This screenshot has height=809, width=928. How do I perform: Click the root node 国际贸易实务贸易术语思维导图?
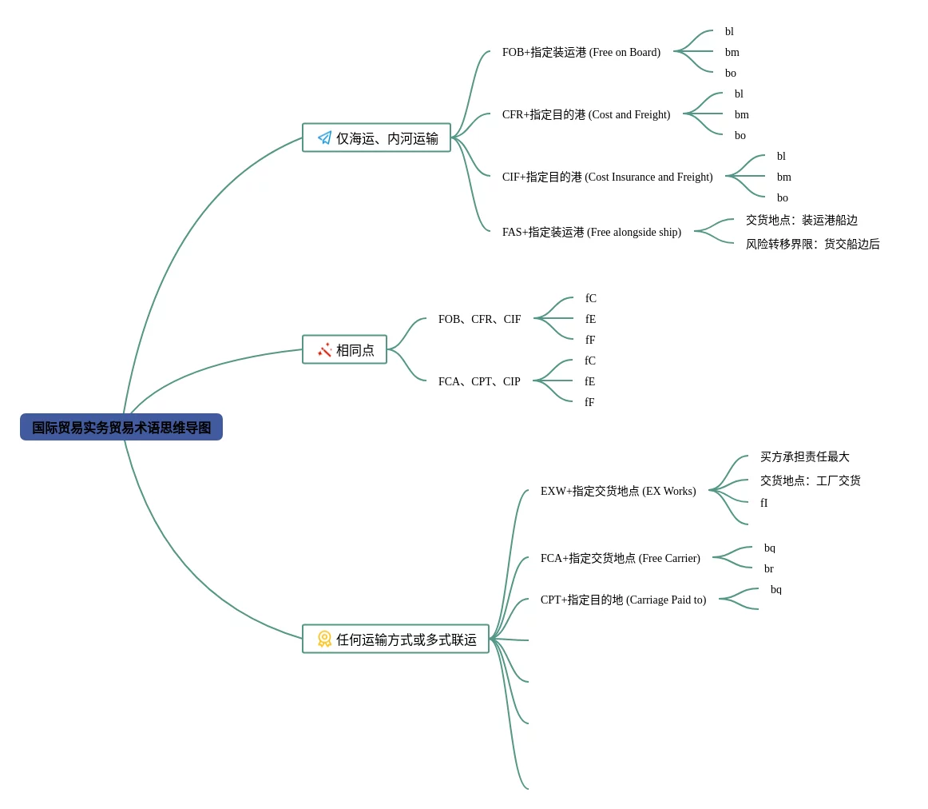click(x=121, y=427)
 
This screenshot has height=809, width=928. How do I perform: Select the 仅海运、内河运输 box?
click(x=376, y=137)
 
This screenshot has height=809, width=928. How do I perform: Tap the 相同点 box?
click(x=344, y=349)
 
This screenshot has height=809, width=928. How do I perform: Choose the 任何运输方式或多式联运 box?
click(x=395, y=639)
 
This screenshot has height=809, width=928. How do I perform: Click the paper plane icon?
click(x=324, y=138)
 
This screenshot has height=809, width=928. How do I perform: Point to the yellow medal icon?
click(x=324, y=639)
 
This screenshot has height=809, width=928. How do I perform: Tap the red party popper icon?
click(x=324, y=350)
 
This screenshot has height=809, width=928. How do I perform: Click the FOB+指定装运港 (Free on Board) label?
click(x=581, y=52)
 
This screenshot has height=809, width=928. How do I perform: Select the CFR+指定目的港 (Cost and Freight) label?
click(x=586, y=114)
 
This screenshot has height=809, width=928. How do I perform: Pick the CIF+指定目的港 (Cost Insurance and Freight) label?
click(x=607, y=177)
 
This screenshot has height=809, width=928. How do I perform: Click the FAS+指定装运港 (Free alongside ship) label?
click(x=591, y=232)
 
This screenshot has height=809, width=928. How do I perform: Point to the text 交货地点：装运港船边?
click(x=801, y=221)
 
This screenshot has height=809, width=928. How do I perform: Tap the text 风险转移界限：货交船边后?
click(x=812, y=244)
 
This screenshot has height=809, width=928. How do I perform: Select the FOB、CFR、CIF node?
click(x=479, y=319)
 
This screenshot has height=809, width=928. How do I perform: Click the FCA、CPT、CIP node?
click(x=479, y=381)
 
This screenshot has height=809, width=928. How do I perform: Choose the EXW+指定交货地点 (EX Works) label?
click(x=618, y=491)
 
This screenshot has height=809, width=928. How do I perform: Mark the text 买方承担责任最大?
click(x=805, y=456)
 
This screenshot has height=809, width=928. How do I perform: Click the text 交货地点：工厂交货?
click(x=811, y=480)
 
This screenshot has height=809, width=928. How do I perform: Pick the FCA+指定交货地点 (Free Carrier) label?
click(x=621, y=558)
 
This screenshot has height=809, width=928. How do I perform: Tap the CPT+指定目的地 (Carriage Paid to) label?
click(x=623, y=600)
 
